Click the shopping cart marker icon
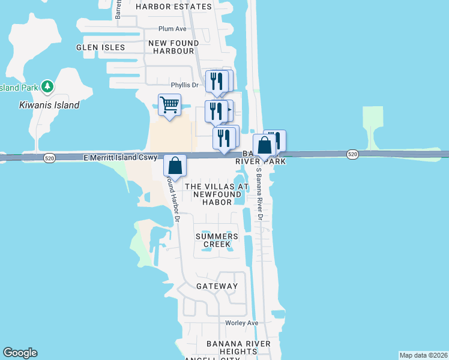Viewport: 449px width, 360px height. coord(169,106)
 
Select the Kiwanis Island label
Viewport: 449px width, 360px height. coord(45,105)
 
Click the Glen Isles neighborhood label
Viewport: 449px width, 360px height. coord(101,47)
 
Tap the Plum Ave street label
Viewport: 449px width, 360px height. coord(173,29)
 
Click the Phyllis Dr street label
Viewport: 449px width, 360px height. coord(184,85)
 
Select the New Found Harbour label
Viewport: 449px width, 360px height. coord(172,47)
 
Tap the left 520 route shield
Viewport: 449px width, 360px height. coord(50,158)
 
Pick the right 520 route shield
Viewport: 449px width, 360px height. coord(353,155)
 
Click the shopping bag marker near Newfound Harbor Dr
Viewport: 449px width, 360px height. coord(175,166)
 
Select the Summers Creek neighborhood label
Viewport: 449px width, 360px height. coord(217,240)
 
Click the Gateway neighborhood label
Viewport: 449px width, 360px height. coord(217,286)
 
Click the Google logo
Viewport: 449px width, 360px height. coord(20,353)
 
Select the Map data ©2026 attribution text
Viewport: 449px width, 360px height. coord(423,355)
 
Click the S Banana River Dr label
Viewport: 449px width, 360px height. coord(260,191)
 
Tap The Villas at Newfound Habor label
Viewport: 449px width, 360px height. coord(217,194)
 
